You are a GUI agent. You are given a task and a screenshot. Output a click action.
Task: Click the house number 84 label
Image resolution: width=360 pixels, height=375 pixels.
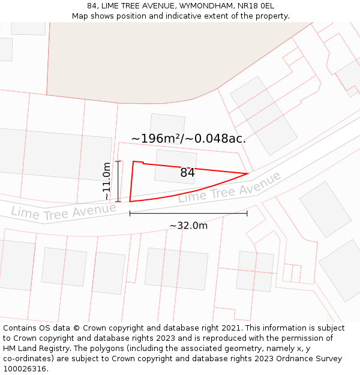[187, 173]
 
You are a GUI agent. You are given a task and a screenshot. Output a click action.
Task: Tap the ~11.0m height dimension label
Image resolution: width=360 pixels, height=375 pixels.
[107, 181]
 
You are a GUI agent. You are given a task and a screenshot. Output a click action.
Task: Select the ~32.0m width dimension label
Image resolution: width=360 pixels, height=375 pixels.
[188, 226]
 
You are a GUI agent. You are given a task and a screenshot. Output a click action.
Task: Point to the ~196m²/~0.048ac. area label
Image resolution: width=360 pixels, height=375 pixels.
[188, 139]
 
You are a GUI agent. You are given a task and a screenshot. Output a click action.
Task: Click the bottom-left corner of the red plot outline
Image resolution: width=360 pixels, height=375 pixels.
[130, 202]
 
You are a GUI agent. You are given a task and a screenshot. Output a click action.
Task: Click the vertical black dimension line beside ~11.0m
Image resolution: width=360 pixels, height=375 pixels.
[118, 181]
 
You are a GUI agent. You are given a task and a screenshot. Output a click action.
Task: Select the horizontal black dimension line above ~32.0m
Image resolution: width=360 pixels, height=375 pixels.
[188, 213]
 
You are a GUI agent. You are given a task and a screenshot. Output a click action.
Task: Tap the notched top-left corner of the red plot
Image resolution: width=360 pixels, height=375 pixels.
[134, 161]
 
